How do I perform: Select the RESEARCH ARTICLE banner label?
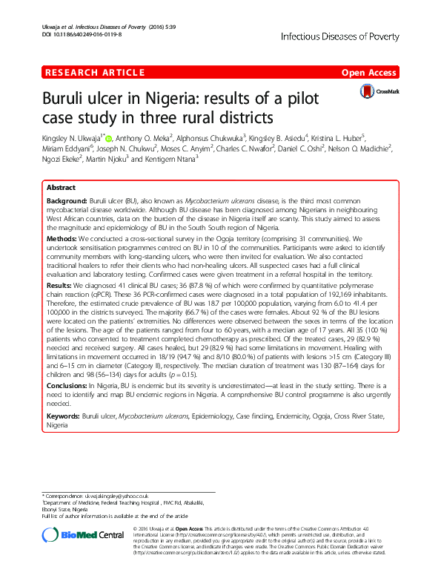pos(94,72)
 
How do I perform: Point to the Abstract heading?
pos(61,189)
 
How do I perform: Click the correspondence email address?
pos(116,495)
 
